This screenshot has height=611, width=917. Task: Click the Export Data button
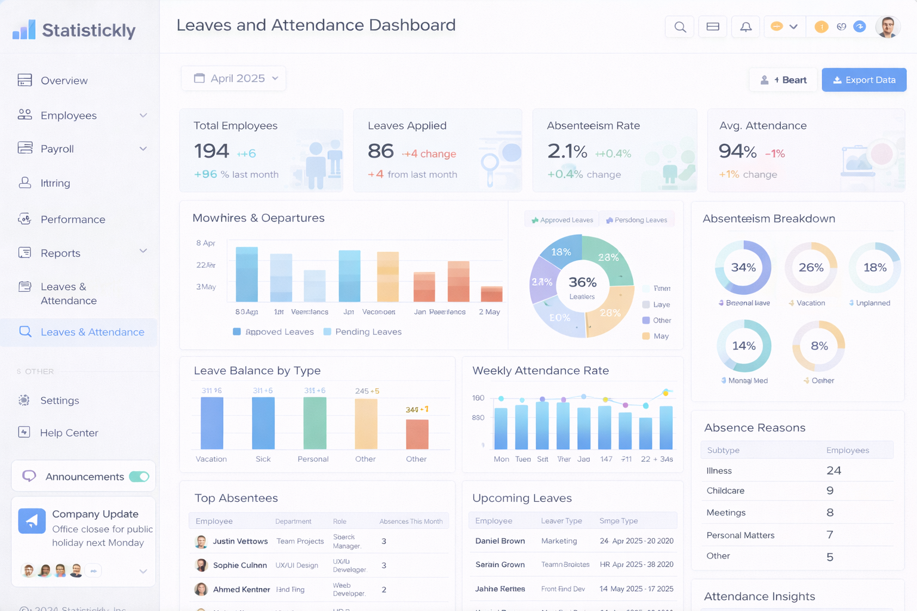(x=864, y=80)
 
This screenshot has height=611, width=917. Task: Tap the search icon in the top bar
(x=679, y=27)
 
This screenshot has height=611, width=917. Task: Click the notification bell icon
(x=746, y=27)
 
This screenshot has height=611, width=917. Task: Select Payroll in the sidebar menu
(x=57, y=149)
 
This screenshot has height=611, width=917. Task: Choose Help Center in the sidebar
(x=69, y=433)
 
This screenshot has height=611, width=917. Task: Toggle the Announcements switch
(x=139, y=476)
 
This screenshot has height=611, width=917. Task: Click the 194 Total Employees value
(x=211, y=152)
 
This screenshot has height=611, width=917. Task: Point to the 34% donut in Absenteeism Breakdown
(x=743, y=267)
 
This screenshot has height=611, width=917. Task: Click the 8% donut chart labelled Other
(x=819, y=346)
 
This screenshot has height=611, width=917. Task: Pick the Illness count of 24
(x=833, y=470)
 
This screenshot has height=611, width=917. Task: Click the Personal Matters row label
(x=740, y=535)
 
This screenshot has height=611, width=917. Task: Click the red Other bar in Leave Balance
(x=417, y=434)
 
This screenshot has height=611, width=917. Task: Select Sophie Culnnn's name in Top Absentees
(x=240, y=565)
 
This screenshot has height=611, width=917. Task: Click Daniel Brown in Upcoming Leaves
(x=500, y=541)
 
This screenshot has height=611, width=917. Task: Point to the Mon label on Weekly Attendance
(x=501, y=459)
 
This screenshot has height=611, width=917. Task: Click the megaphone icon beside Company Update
(x=32, y=520)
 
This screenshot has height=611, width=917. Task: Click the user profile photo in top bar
(x=887, y=27)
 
